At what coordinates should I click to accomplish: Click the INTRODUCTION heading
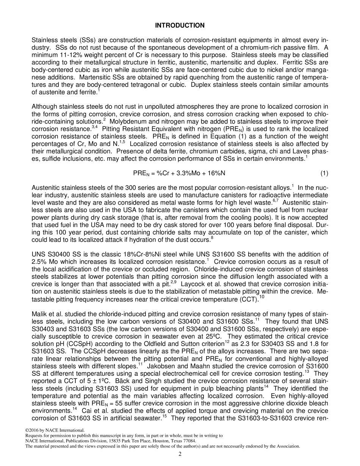(180, 25)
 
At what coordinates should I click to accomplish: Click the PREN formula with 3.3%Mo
(179, 174)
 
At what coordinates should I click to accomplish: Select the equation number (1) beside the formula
(324, 174)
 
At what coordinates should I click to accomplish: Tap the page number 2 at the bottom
(180, 454)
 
